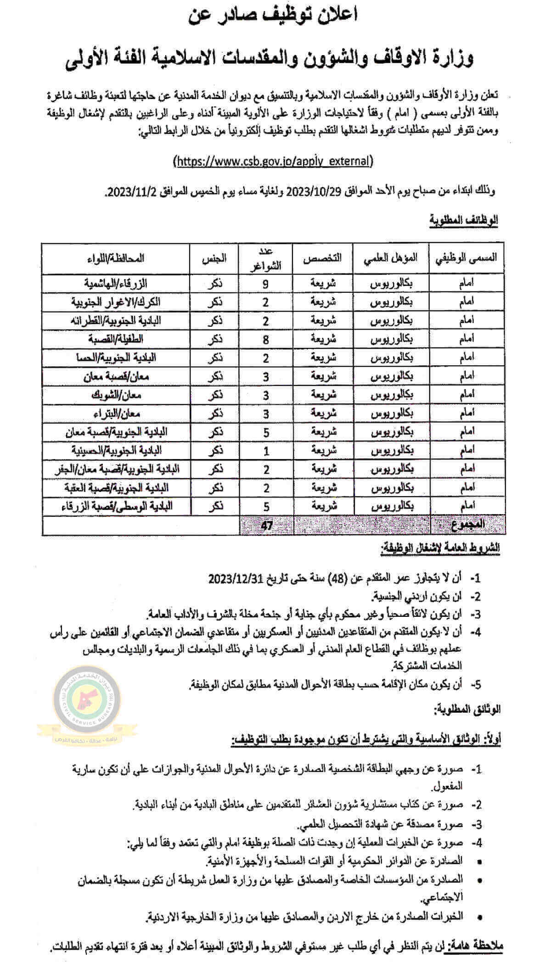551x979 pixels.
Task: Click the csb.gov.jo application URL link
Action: pyautogui.click(x=274, y=161)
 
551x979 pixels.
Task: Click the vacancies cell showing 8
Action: pyautogui.click(x=266, y=340)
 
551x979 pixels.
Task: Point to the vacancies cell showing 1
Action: pyautogui.click(x=266, y=451)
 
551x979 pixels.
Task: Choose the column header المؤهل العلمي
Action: pyautogui.click(x=391, y=257)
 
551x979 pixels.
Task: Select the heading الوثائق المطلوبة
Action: pyautogui.click(x=467, y=710)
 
